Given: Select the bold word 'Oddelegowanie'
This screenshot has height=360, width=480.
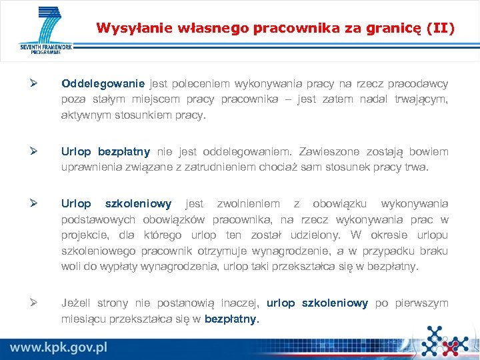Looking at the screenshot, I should (103, 84).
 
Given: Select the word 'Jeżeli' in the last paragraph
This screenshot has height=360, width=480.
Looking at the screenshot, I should (76, 303).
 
